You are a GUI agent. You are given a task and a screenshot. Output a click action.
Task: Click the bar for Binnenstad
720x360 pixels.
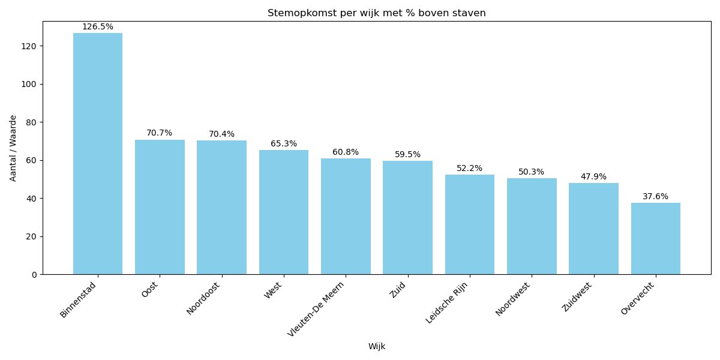98,154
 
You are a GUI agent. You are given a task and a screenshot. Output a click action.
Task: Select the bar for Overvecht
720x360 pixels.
655,239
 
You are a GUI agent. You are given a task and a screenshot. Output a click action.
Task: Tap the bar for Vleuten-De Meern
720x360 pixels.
346,217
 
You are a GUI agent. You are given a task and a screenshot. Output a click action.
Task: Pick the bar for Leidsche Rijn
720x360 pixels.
470,224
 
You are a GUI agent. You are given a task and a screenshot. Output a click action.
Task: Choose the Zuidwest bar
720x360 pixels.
593,229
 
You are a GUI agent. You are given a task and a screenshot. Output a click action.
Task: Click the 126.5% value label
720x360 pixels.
98,27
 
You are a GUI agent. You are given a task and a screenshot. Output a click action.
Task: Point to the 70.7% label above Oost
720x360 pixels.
160,133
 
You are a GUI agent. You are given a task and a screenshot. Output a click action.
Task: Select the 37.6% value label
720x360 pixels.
655,196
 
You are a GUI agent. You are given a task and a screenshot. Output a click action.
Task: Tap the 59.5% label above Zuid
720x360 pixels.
407,155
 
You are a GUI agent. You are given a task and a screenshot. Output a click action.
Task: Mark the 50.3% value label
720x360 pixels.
532,172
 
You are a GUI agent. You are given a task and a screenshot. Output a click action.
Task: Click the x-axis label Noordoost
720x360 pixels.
204,298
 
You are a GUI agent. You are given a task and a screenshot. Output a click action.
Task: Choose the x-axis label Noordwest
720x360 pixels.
513,298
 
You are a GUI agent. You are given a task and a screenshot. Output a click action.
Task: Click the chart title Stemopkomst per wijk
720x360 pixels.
377,13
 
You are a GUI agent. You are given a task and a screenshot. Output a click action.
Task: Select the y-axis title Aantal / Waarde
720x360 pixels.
13,148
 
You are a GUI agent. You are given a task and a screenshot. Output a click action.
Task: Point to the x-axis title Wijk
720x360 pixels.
377,346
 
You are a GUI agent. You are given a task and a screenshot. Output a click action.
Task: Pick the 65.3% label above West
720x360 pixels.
284,144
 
